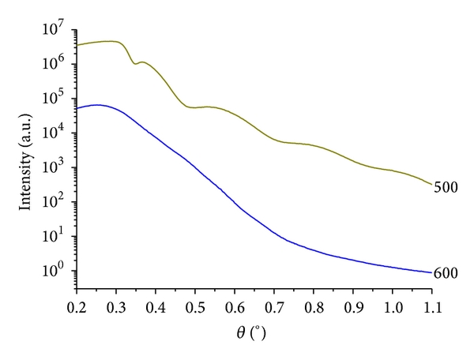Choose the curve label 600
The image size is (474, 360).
click(x=446, y=273)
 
